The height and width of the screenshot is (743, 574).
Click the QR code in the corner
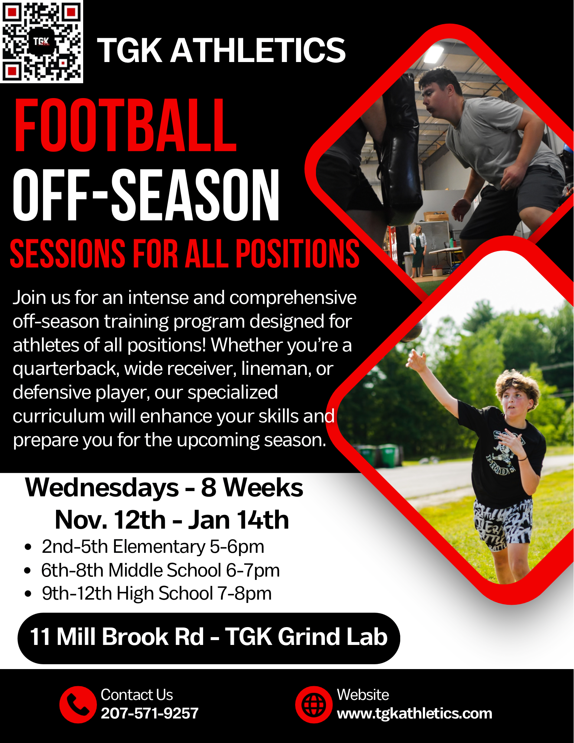42,41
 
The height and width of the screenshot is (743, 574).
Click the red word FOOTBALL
125,126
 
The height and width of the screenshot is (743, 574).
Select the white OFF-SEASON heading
146,195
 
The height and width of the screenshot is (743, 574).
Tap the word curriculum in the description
59,416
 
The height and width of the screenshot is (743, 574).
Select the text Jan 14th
239,520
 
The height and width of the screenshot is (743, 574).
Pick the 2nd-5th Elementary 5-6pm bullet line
153,547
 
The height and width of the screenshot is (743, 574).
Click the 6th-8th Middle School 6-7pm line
160,570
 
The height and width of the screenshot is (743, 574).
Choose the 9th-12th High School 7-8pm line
156,594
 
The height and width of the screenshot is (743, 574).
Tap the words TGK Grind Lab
306,637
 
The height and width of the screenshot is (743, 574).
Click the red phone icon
78,705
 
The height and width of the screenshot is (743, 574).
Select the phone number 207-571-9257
150,713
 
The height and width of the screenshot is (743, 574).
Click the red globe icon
314,705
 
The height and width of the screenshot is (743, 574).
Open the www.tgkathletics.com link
414,714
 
